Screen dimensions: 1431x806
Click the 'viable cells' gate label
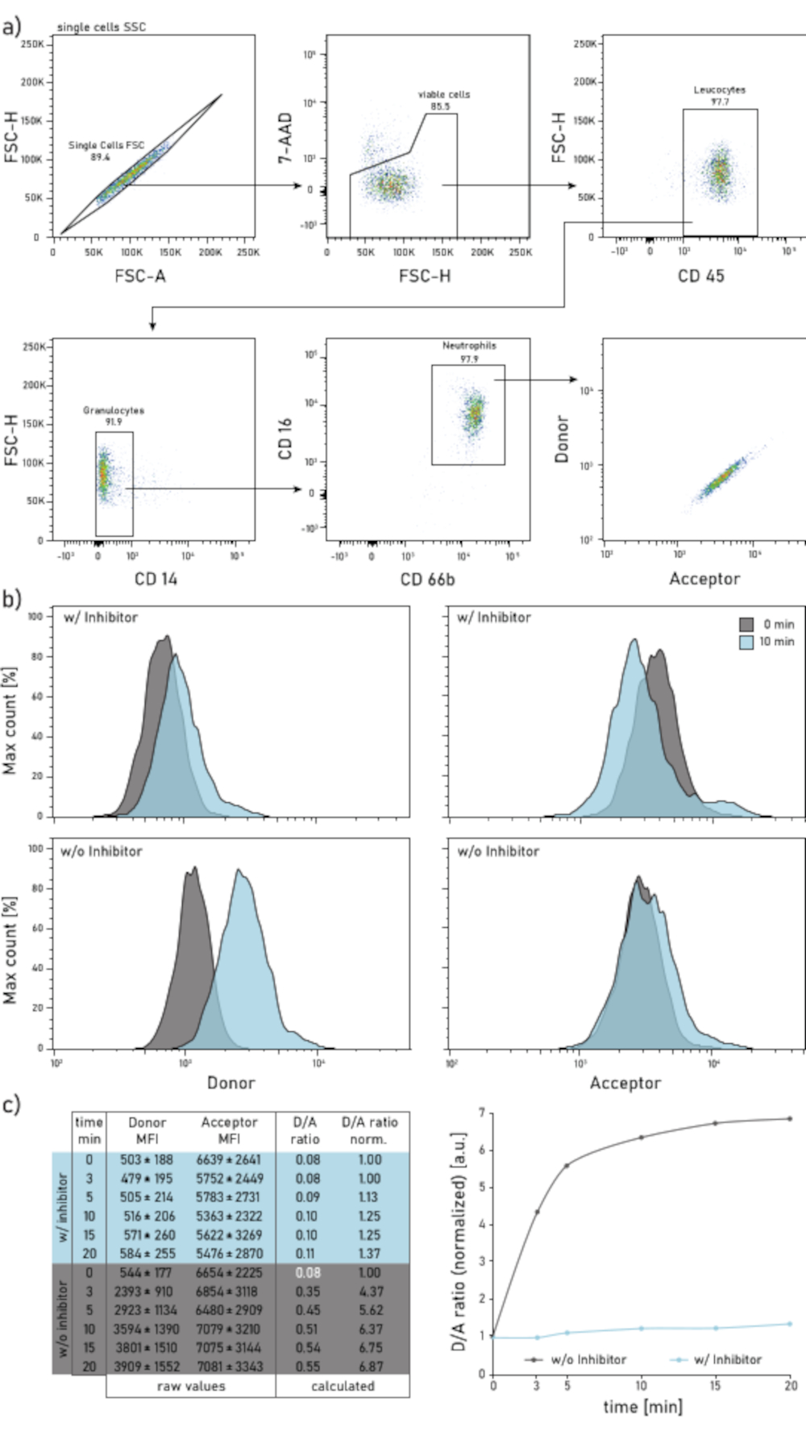pyautogui.click(x=443, y=95)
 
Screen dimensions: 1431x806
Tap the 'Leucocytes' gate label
pyautogui.click(x=719, y=90)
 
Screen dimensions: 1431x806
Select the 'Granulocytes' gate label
pyautogui.click(x=114, y=410)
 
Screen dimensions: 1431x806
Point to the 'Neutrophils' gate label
pyautogui.click(x=469, y=346)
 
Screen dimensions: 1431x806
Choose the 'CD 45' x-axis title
pyautogui.click(x=700, y=277)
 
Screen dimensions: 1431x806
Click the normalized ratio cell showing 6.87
pyautogui.click(x=368, y=1366)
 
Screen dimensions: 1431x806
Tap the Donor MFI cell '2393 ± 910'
pyautogui.click(x=147, y=1291)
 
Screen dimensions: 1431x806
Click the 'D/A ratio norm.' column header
pyautogui.click(x=368, y=1130)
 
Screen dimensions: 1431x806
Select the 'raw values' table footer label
pyautogui.click(x=191, y=1386)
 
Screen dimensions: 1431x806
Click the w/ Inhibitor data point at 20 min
pyautogui.click(x=789, y=1323)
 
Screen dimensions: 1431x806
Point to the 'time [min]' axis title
pyautogui.click(x=642, y=1407)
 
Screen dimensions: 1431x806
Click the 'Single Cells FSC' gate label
pyautogui.click(x=106, y=145)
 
